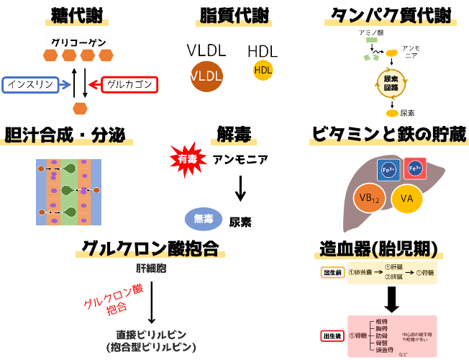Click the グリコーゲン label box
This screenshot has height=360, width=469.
point(79,41)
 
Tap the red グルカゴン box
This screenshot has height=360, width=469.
point(129,85)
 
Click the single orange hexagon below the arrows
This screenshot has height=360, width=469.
point(80,109)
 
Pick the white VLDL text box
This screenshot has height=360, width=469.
point(206,50)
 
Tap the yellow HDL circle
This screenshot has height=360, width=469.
point(263,70)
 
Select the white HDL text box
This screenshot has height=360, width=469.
point(263,50)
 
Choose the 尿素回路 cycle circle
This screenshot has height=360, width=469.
point(392,84)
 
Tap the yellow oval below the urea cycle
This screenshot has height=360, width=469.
point(392,112)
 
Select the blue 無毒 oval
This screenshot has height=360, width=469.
point(204,219)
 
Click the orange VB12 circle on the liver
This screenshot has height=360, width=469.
point(370,198)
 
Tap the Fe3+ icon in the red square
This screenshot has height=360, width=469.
point(415,168)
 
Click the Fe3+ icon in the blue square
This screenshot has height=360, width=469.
point(388,170)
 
